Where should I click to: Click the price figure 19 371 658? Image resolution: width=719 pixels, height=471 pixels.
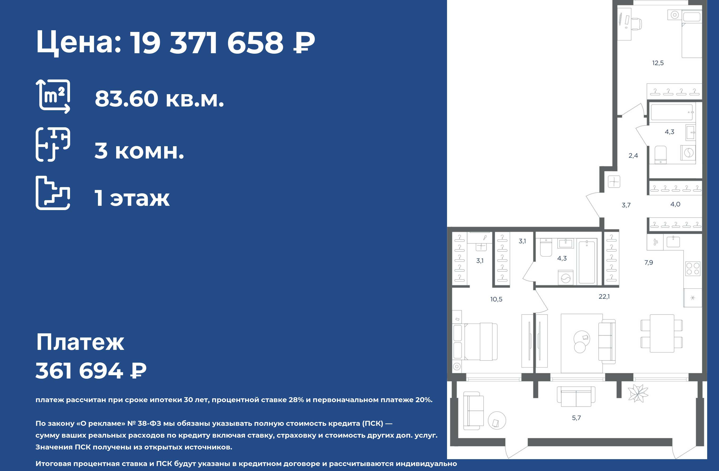pos(207,43)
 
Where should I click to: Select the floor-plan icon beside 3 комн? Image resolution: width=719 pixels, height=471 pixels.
pos(53,144)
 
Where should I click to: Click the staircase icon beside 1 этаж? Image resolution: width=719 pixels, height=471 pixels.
pos(53,193)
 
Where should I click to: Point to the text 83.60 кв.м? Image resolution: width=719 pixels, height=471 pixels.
pos(159,99)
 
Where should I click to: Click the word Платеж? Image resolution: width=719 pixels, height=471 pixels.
pos(80,342)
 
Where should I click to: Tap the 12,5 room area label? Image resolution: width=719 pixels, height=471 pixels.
pos(658,63)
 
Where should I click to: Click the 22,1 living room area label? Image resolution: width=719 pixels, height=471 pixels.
pos(604,297)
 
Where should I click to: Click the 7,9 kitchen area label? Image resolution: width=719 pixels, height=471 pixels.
pos(649,263)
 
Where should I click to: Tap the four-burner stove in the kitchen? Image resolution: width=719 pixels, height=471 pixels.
pos(693,269)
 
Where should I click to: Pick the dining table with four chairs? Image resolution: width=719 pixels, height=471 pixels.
pos(662,334)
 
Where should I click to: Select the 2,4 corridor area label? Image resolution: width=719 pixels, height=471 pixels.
pos(633,156)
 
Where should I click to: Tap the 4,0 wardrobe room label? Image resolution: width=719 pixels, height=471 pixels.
pos(675,204)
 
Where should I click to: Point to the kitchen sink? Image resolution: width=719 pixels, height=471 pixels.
pos(673,242)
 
